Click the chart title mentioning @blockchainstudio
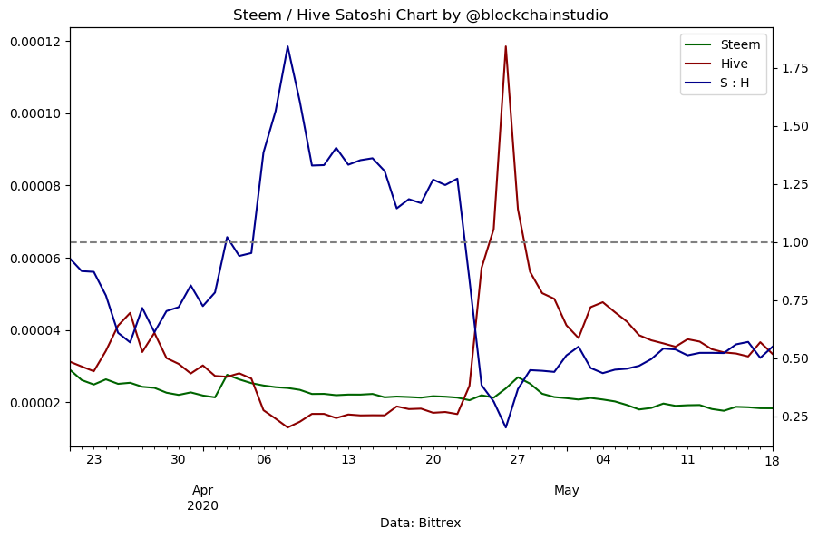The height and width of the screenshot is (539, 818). tap(420, 15)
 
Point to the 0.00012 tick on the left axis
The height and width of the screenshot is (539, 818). tap(34, 42)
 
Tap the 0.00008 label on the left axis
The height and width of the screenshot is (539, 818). tap(34, 186)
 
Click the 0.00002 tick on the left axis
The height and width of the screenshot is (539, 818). tap(34, 403)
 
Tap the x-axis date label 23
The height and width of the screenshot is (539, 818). tap(93, 460)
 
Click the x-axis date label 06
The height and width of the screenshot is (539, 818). tap(264, 460)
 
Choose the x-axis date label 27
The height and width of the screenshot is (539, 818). tap(518, 460)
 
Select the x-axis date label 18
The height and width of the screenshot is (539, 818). tap(772, 460)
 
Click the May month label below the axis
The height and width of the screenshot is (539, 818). tap(567, 491)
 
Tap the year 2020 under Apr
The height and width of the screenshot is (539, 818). tap(202, 505)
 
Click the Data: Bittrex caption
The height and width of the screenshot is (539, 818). tap(420, 524)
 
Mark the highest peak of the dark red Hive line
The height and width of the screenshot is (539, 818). tap(505, 46)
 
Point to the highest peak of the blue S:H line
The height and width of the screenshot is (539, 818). tap(287, 46)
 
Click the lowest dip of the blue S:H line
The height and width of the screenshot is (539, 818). tap(505, 427)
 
